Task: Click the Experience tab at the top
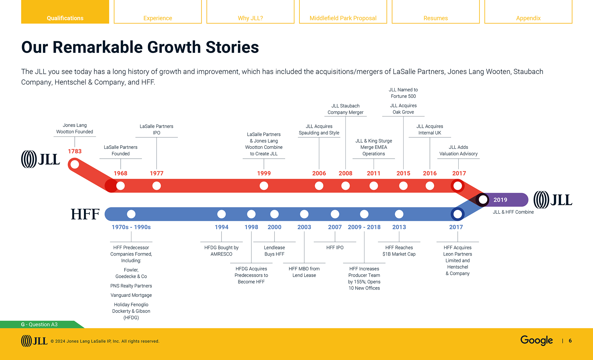click(158, 18)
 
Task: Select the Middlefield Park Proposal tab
click(343, 18)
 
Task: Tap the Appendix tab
click(528, 18)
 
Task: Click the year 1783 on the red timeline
click(75, 151)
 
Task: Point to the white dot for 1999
click(264, 186)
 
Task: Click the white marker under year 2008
click(345, 186)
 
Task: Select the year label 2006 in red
click(319, 173)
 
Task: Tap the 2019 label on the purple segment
click(500, 200)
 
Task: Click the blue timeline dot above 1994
click(221, 214)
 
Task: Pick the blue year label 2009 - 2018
click(364, 227)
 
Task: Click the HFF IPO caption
click(335, 248)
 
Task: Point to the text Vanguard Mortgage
click(131, 295)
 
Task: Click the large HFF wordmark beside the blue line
click(85, 214)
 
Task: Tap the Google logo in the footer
click(536, 340)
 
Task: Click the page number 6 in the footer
click(570, 341)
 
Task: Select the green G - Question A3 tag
click(39, 324)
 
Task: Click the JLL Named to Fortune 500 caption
click(403, 93)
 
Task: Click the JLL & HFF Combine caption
click(513, 212)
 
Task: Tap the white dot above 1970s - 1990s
click(131, 214)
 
